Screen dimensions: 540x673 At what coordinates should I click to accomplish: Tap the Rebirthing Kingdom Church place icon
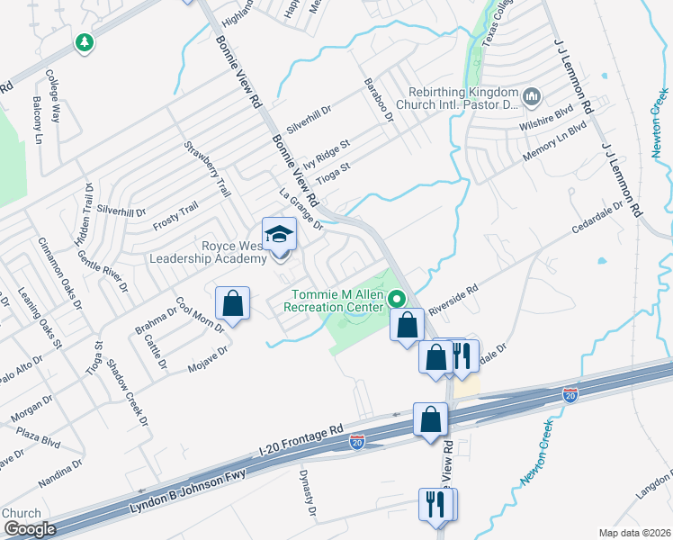tap(531, 95)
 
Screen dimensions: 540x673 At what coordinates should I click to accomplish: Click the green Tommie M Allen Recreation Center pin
tap(395, 296)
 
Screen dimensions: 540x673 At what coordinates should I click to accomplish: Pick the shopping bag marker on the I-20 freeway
tap(430, 419)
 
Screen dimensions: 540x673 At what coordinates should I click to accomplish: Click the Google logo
tap(30, 529)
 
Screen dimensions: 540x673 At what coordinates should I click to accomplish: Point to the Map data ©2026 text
tap(635, 532)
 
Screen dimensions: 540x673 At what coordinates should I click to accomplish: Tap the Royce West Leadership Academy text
tap(215, 252)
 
